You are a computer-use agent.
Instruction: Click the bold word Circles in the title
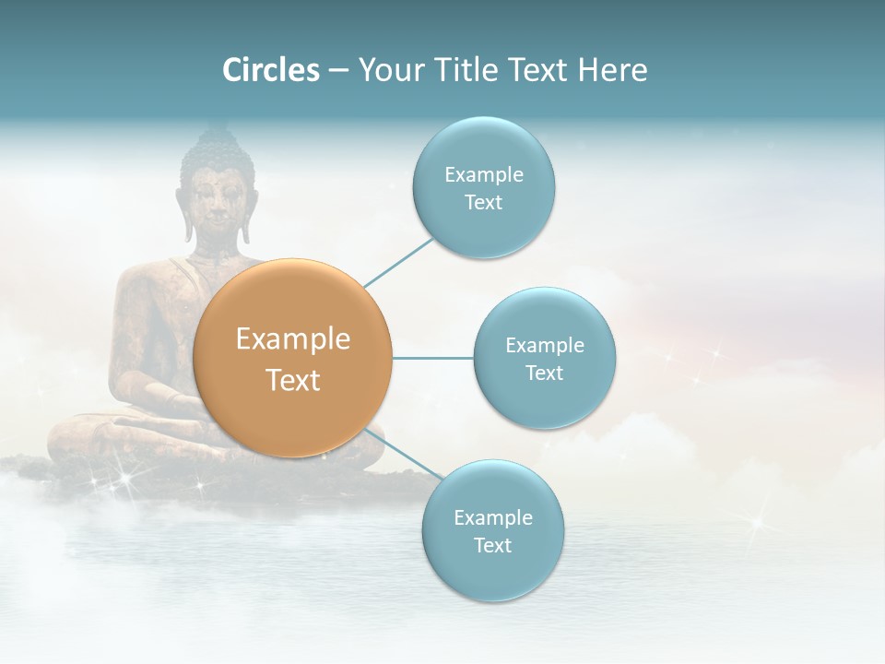tap(270, 70)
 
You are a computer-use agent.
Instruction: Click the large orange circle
tap(293, 358)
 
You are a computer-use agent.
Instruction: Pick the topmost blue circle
tap(483, 187)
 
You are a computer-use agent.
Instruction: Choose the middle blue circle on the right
tap(544, 358)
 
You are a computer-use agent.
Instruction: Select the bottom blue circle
tap(492, 530)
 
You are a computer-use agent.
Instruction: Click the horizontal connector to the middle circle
tap(432, 358)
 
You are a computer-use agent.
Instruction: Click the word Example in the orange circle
tap(293, 339)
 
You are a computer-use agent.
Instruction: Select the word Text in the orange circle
tap(293, 379)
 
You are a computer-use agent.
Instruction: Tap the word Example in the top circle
tap(483, 175)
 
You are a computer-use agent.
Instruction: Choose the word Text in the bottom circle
tap(492, 545)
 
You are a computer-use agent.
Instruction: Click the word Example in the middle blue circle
tap(544, 346)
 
